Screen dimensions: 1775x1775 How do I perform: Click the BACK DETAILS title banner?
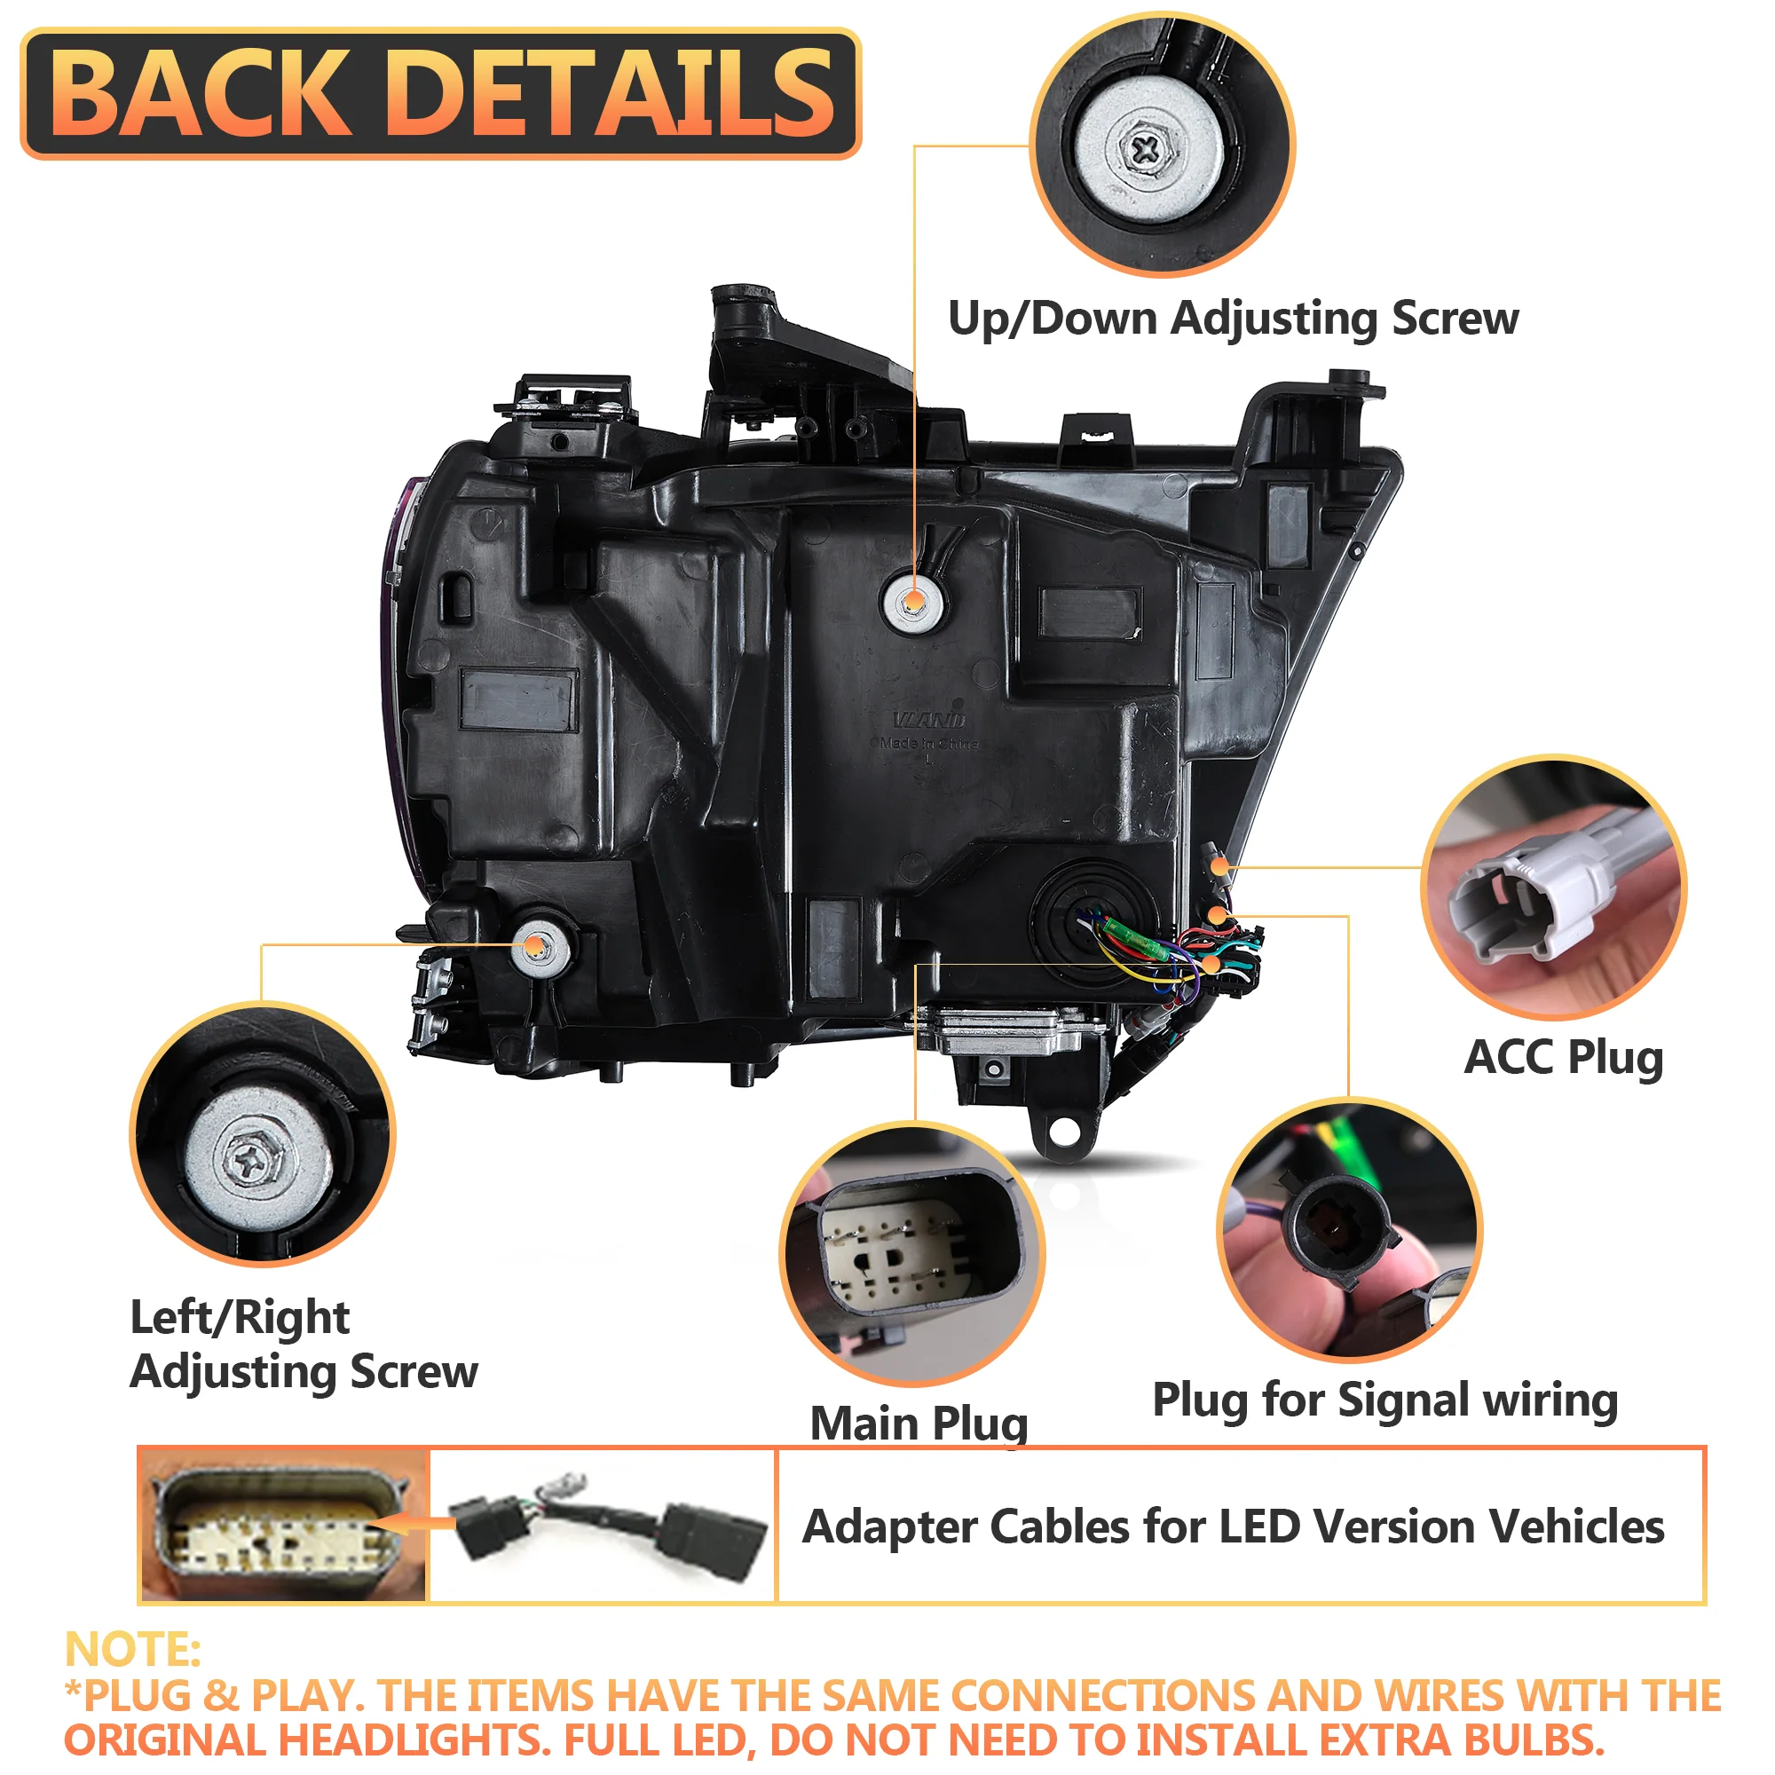(x=441, y=93)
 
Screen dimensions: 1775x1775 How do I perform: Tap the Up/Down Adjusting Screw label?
(x=1233, y=319)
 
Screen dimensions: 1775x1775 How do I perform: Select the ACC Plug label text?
(x=1563, y=1058)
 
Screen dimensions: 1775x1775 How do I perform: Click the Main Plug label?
(x=919, y=1424)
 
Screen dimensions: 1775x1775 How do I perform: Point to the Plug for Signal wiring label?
(x=1384, y=1400)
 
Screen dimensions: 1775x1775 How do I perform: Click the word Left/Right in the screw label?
(x=240, y=1317)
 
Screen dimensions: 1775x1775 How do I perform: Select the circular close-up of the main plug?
(x=911, y=1253)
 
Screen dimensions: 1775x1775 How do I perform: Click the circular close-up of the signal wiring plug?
(x=1348, y=1227)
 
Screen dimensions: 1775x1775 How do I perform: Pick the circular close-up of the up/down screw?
(x=1163, y=145)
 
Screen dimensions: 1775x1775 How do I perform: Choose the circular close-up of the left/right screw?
(x=262, y=1134)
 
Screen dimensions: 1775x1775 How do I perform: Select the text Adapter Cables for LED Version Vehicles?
(x=1233, y=1526)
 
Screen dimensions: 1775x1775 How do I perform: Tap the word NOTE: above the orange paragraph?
(x=133, y=1649)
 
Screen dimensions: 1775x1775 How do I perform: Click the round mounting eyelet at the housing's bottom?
(x=1064, y=1132)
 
